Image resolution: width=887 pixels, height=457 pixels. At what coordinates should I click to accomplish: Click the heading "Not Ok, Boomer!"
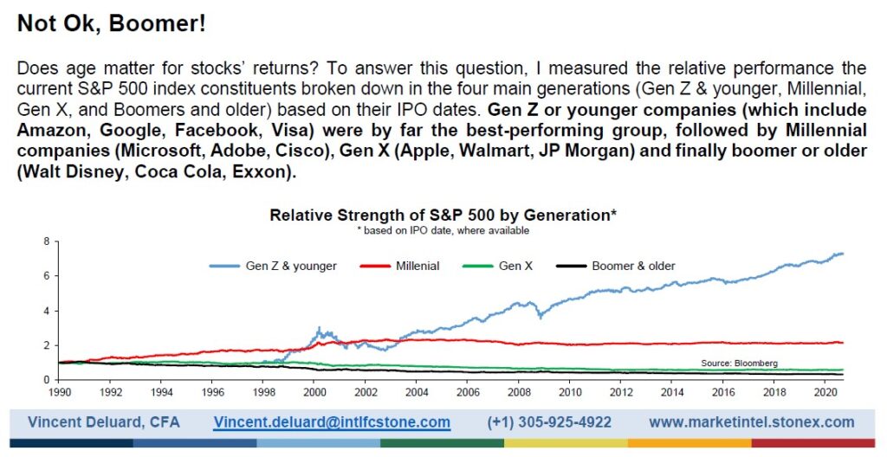coord(112,23)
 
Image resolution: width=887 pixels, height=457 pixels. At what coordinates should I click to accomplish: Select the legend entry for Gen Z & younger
coord(273,266)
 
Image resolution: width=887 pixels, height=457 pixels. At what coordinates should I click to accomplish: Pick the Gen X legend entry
coord(498,266)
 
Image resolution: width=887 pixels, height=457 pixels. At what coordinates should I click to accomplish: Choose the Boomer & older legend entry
coord(616,266)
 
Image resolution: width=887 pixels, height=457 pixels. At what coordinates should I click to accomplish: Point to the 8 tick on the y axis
coord(47,241)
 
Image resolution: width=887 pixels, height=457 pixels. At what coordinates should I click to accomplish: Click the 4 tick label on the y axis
coord(47,311)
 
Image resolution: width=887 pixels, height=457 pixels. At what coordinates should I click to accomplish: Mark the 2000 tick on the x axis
coord(314,391)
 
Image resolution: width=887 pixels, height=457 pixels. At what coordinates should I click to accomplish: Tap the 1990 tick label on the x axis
coord(59,391)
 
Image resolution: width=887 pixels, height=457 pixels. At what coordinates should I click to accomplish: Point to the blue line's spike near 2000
coord(319,327)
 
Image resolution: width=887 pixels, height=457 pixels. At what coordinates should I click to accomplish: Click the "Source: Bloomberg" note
coord(740,364)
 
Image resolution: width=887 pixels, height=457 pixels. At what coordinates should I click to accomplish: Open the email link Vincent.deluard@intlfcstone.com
coord(332,422)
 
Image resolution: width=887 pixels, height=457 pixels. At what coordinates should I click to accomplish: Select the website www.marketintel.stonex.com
coord(752,422)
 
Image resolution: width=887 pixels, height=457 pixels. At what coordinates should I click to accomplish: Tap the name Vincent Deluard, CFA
coord(104,422)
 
